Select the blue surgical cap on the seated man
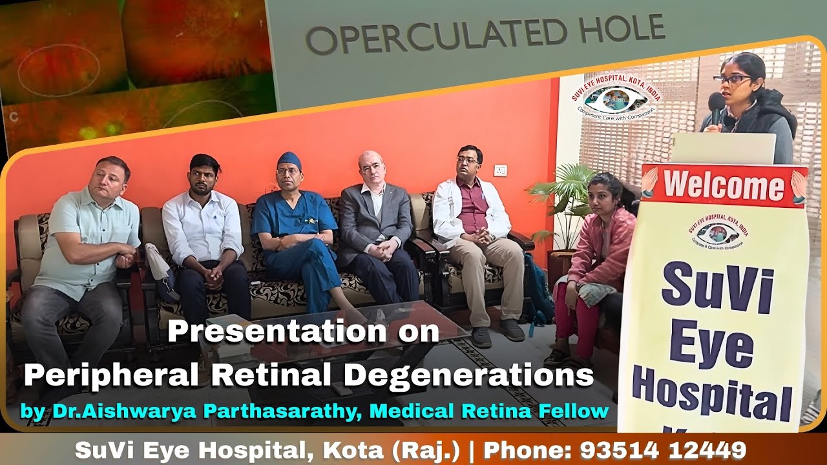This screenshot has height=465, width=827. coord(289,160)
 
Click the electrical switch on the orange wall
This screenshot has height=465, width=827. coord(500,170)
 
